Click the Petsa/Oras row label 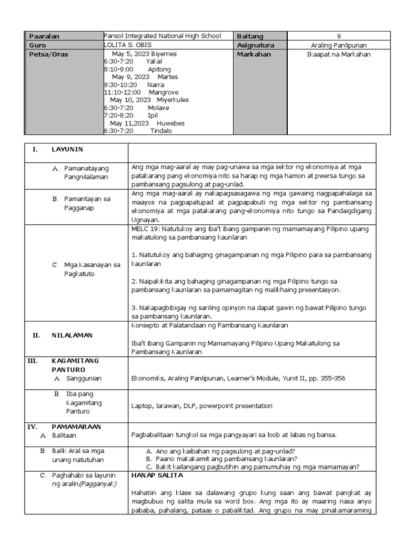pyautogui.click(x=49, y=54)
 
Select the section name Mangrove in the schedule pyautogui.click(x=164, y=92)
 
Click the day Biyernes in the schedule pyautogui.click(x=164, y=54)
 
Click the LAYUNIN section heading pyautogui.click(x=67, y=150)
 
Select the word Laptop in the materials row pyautogui.click(x=142, y=406)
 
